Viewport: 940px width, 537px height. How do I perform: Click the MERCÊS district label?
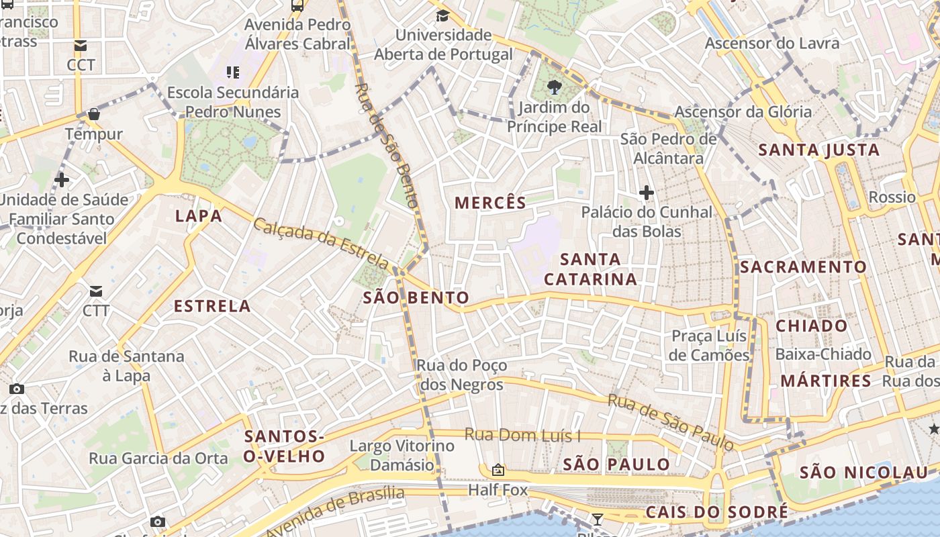pos(490,203)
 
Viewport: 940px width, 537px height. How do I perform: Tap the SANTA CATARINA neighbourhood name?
pos(590,268)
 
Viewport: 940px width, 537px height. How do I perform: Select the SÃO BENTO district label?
pos(416,298)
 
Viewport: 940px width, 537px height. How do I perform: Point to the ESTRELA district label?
pos(212,306)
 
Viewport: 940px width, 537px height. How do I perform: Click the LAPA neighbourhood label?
pos(199,216)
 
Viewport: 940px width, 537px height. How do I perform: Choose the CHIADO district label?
pos(812,326)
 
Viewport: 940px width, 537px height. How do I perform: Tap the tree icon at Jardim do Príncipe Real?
pos(555,87)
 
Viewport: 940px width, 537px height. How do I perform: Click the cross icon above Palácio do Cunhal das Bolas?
pos(647,193)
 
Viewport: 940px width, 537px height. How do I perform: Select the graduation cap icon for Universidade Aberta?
pos(442,16)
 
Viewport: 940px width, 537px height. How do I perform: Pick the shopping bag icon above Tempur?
pos(94,114)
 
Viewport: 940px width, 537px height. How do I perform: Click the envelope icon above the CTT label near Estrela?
pos(96,291)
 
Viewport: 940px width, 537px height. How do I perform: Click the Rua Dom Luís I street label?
pos(522,435)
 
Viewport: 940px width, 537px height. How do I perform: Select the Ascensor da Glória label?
pos(743,111)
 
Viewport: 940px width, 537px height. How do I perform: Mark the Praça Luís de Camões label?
pos(709,345)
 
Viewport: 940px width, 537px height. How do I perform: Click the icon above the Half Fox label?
pos(498,470)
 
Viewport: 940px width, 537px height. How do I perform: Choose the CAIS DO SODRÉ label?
pos(716,512)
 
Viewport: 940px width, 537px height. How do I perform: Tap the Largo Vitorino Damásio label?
pos(402,455)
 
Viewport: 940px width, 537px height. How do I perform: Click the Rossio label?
pos(892,197)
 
